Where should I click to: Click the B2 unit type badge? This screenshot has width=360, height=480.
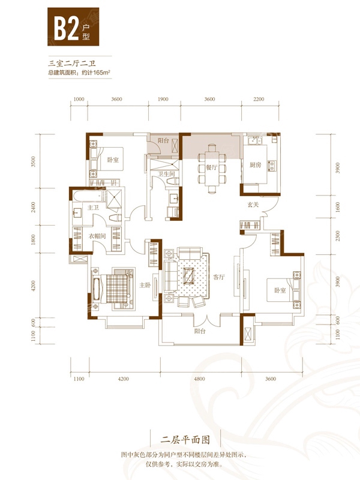[x=73, y=26]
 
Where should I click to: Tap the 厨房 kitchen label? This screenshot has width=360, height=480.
[x=256, y=165]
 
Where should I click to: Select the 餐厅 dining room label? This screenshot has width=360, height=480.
[x=211, y=167]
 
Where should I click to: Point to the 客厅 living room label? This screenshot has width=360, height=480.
[x=219, y=277]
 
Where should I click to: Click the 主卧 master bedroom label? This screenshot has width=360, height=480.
[x=145, y=286]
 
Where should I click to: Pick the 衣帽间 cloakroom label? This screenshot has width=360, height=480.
[x=97, y=236]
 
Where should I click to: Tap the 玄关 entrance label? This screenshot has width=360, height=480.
[x=253, y=205]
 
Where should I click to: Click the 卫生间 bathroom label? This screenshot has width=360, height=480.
[x=166, y=174]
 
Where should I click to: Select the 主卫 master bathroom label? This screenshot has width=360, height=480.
[x=93, y=208]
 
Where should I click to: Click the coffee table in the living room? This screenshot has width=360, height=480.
[x=188, y=276]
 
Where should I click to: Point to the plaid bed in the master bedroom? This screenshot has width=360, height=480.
[x=116, y=288]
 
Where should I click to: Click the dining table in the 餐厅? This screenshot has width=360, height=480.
[x=212, y=169]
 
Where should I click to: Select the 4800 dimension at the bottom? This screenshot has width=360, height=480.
[x=199, y=379]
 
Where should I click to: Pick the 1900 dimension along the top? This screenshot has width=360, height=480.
[x=163, y=99]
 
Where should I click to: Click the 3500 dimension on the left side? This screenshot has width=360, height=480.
[x=33, y=161]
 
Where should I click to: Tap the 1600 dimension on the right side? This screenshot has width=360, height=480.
[x=338, y=206]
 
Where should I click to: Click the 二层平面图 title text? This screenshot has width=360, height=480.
[x=185, y=440]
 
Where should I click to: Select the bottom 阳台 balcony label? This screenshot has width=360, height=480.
[x=200, y=331]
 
